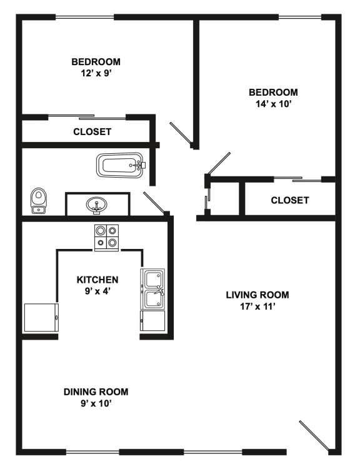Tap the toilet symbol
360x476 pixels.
coord(39,201)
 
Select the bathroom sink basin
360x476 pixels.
coord(96,204)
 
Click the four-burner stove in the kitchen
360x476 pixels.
coord(106,238)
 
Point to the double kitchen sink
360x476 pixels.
coord(154,290)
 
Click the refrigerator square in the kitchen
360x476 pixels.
coord(40,318)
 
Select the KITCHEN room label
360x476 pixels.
coord(97,279)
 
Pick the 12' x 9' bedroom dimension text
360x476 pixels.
coord(96,73)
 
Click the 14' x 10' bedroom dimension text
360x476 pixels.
coord(271,103)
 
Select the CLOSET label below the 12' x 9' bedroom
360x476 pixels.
coord(92,132)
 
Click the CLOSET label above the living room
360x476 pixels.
coord(289,201)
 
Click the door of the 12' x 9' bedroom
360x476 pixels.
coord(182,135)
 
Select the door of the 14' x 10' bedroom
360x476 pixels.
coord(219,164)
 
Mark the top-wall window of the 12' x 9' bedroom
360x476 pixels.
coord(84,17)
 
